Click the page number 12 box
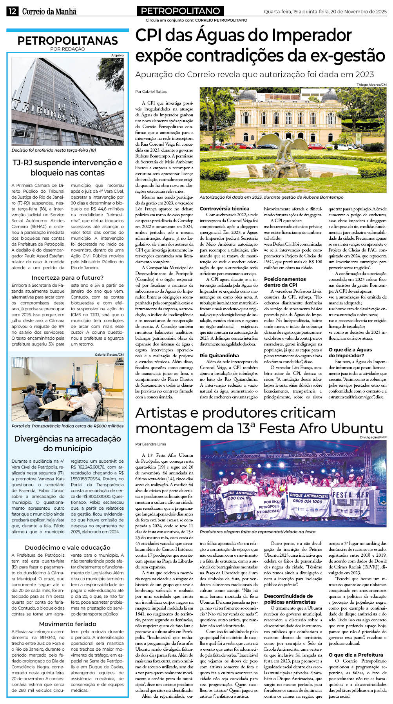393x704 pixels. click(12, 11)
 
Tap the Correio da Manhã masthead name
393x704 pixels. click(49, 11)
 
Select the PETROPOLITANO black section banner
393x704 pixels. click(180, 11)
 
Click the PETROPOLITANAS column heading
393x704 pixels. click(67, 40)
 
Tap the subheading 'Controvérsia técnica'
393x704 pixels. click(224, 209)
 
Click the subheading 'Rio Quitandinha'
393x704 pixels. click(219, 356)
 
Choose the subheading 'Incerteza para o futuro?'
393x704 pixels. click(67, 278)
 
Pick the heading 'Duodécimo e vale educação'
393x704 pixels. click(67, 548)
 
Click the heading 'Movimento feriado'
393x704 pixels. click(67, 624)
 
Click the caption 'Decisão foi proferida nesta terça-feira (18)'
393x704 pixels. click(54, 150)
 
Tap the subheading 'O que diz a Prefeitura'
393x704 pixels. click(355, 655)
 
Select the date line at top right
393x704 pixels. click(325, 12)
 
